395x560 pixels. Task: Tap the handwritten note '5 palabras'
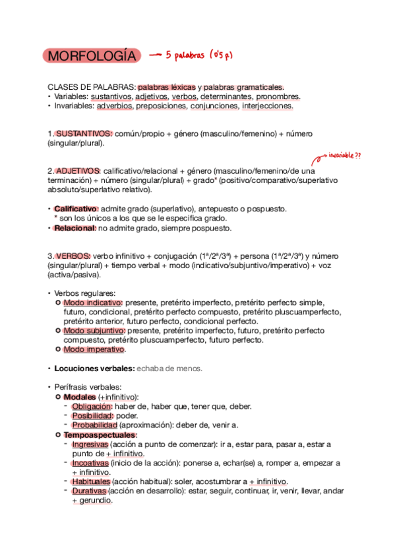187,55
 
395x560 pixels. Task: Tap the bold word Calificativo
76,209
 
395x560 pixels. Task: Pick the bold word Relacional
75,228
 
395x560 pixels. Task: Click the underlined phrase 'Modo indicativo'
93,302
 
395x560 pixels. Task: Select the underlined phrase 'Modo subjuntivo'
94,330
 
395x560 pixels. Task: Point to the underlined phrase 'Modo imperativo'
94,349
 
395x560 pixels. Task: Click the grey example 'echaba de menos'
169,368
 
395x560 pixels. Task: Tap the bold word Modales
79,397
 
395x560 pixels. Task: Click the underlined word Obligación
92,406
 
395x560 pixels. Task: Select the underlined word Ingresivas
90,444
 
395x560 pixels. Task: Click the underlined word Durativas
89,491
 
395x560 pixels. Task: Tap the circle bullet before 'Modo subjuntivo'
58,330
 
